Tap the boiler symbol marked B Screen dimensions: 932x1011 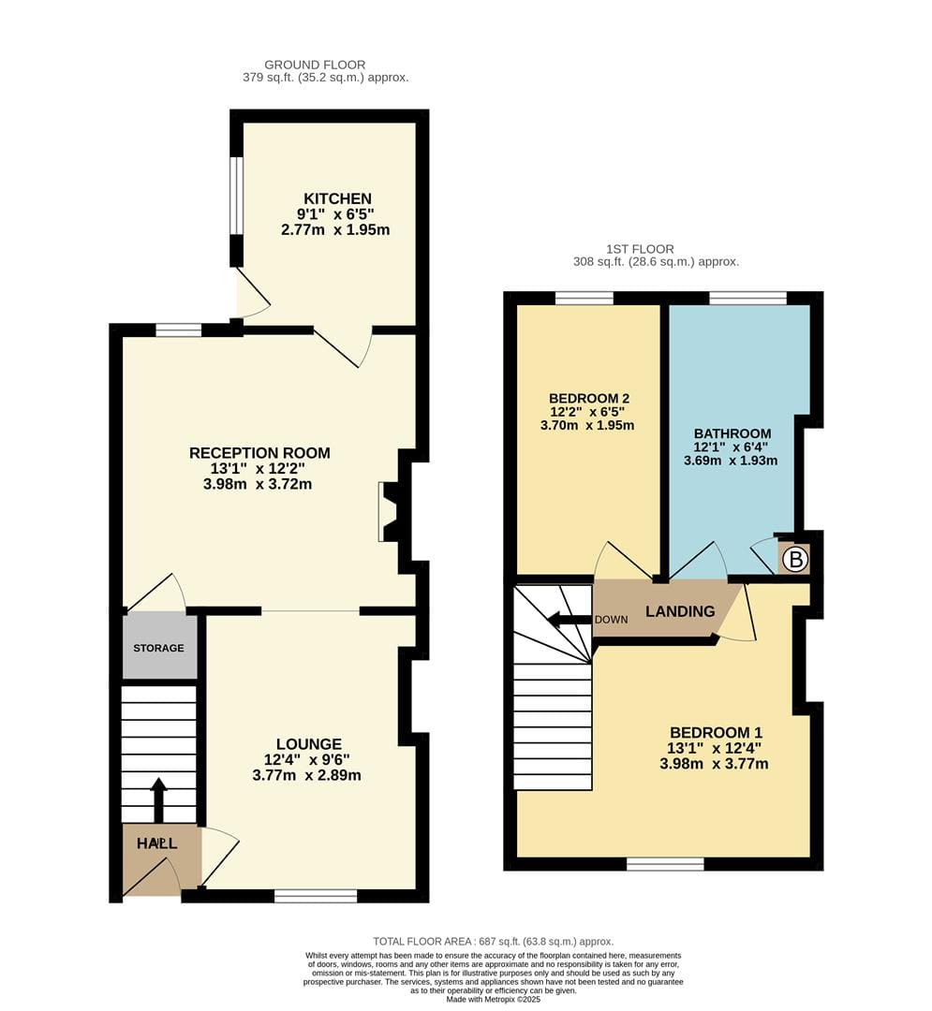coord(795,559)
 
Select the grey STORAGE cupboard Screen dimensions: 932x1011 coord(159,647)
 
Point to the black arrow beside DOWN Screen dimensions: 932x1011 coord(569,621)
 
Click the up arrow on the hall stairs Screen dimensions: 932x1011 coord(158,800)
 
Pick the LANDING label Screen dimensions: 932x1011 coord(680,611)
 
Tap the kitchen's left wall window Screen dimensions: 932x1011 coord(236,195)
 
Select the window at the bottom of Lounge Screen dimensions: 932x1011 coord(316,896)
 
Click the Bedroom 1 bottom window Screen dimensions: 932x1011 coord(666,864)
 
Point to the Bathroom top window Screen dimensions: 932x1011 coord(747,298)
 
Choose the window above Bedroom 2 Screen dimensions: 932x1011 coord(584,298)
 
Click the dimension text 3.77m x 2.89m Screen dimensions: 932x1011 coord(306,775)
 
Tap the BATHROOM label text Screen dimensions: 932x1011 coord(732,433)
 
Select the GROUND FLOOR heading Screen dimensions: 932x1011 coord(315,65)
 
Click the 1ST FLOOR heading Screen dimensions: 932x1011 coord(640,249)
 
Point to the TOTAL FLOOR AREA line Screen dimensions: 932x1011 coord(494,942)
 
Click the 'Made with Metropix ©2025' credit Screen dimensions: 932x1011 coord(493,1000)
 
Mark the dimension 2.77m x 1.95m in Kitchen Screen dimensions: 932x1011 coord(335,229)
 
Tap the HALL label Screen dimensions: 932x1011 coord(156,843)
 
